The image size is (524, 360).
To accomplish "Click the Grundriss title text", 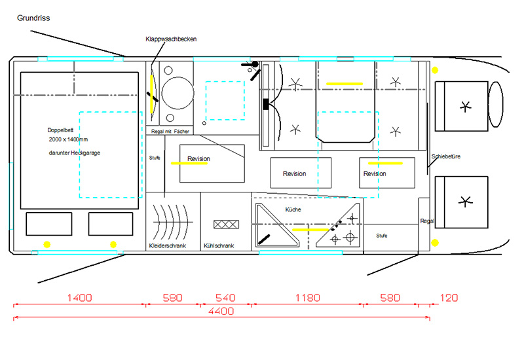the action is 33,18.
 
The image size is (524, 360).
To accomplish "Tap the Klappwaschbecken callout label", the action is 171,39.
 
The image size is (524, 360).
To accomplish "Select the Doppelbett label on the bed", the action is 60,130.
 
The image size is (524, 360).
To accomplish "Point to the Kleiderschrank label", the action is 168,246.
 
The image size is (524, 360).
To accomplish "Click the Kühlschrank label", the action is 219,246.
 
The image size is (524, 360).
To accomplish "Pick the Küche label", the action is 293,209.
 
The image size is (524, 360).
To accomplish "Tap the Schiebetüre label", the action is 446,156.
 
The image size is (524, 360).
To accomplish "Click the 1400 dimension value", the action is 79,298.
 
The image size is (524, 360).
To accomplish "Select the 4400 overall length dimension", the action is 221,312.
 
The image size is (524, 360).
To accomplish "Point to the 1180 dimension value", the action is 308,298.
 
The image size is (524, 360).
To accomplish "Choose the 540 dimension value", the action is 225,298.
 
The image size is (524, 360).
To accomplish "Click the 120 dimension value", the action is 449,298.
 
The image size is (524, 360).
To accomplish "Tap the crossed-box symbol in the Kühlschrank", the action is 226,224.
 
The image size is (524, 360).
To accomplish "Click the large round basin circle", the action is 178,93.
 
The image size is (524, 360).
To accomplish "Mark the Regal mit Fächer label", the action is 170,132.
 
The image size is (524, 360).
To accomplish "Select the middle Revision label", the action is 294,173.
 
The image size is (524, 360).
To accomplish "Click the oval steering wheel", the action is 496,105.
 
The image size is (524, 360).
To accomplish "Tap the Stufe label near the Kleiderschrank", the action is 155,158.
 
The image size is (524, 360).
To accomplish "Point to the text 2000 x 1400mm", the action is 68,139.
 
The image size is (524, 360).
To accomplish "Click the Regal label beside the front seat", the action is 427,221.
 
